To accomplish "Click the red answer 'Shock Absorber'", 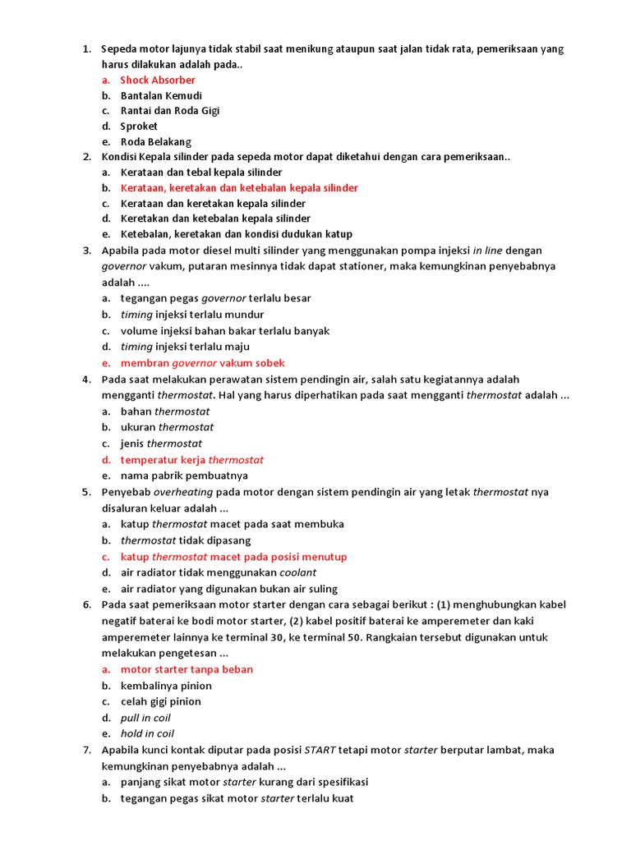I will (x=158, y=80).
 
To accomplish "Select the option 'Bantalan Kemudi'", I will (x=161, y=95).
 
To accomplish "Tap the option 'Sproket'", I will (x=139, y=126).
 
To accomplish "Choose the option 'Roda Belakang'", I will (x=156, y=141).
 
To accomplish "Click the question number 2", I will (x=86, y=157).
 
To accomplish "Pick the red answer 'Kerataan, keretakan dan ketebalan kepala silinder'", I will (x=239, y=188).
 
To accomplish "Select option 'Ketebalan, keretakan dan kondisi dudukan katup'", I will (x=236, y=234).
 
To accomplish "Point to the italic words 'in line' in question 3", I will (x=491, y=250).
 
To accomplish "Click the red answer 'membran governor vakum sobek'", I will (x=203, y=363).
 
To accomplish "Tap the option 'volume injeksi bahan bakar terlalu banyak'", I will (x=225, y=331).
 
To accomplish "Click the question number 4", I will (x=86, y=379).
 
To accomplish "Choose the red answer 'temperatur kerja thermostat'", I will (x=192, y=460).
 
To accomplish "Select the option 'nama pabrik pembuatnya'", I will (x=184, y=476).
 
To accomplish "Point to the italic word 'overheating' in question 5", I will (x=183, y=492).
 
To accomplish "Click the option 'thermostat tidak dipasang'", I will (x=186, y=540).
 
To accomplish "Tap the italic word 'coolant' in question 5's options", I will (x=297, y=572).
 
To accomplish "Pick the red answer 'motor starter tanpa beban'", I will (x=187, y=669).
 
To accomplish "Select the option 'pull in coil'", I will (x=145, y=718).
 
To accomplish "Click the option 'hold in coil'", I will (x=147, y=733).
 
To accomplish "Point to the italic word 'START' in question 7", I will (x=321, y=750).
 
